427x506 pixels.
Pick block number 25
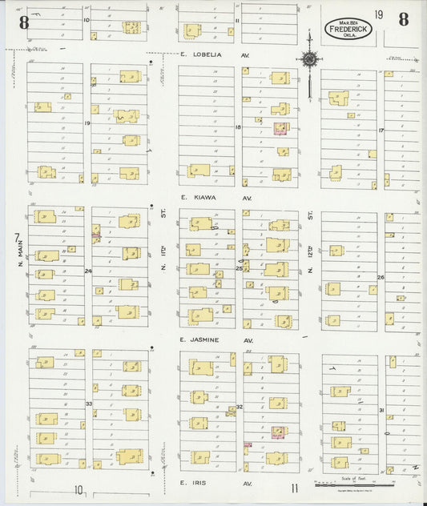(239, 269)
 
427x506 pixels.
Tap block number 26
(381, 277)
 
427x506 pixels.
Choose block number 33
(88, 404)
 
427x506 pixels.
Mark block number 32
(239, 407)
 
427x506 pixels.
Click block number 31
(381, 411)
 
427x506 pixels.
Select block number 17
(381, 130)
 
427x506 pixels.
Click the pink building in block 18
(280, 127)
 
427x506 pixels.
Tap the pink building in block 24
(95, 234)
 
